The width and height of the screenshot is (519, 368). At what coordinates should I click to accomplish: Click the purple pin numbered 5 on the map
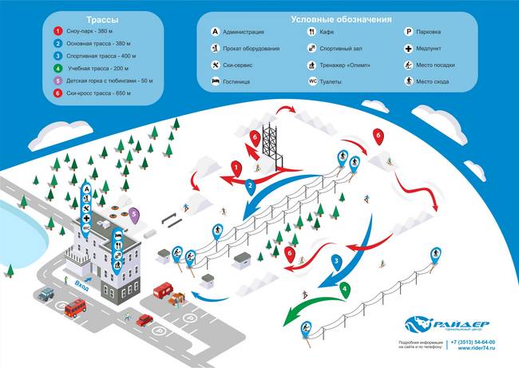click(134, 214)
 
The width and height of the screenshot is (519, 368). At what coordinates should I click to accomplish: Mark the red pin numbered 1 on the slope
click(236, 168)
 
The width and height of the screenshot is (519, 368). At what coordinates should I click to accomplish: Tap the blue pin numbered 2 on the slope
click(250, 186)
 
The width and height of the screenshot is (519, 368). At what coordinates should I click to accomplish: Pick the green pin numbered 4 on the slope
click(344, 289)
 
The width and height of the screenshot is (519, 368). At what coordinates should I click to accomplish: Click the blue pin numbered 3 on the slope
click(337, 261)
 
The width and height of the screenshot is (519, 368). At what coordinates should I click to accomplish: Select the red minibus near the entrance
click(74, 307)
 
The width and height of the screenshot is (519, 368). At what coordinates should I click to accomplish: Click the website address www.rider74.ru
click(477, 348)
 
